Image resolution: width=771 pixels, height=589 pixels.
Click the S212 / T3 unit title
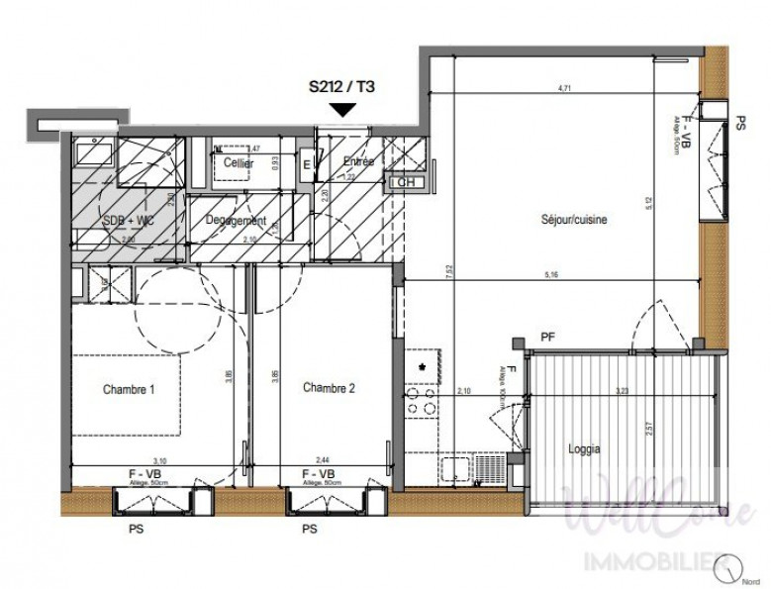[341, 86]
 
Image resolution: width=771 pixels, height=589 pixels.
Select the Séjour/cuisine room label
[573, 220]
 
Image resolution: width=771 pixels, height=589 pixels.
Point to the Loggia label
[584, 448]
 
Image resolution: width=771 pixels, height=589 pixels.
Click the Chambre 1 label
[129, 389]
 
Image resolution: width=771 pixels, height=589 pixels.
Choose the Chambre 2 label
[329, 388]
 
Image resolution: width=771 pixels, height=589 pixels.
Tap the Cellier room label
[239, 163]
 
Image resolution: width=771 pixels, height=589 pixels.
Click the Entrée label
[357, 161]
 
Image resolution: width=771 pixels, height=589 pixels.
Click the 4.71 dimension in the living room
[565, 89]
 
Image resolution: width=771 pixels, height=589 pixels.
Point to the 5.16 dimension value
[565, 275]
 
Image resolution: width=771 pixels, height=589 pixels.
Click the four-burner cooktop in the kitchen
[420, 400]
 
